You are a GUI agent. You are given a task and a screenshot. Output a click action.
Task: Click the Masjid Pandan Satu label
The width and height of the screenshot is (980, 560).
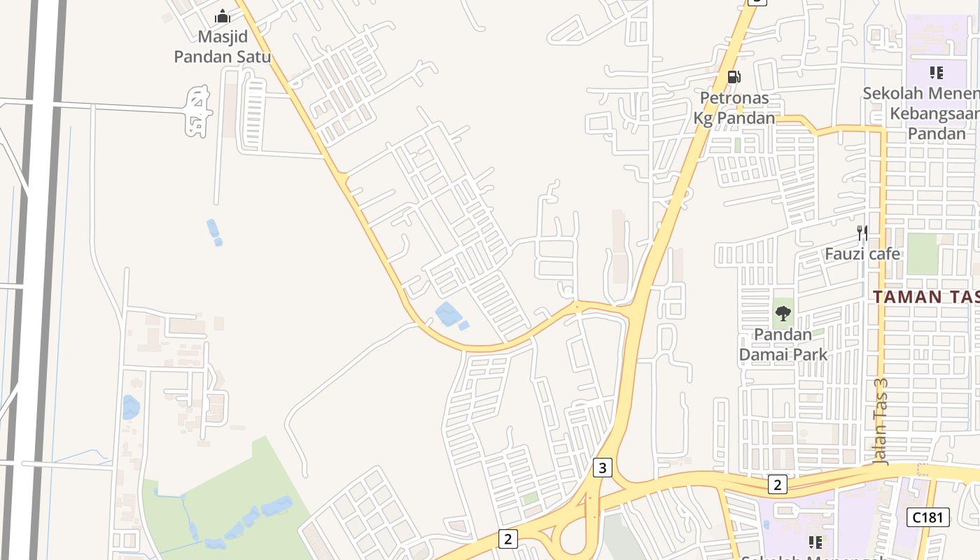pos(222,46)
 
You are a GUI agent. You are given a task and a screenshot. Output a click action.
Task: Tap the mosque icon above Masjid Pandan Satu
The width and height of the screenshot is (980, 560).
pos(223,16)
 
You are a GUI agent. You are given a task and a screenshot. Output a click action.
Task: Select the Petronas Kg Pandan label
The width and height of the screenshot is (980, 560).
pos(734,108)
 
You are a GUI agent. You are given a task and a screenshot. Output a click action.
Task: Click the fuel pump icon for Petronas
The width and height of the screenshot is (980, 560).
pos(734,76)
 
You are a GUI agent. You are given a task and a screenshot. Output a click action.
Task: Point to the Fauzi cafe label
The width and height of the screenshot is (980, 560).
pos(862,253)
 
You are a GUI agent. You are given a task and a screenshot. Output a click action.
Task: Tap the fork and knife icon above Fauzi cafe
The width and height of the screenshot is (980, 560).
pos(862,232)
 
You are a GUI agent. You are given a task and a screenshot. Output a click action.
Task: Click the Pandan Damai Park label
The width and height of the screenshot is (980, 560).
pos(783,344)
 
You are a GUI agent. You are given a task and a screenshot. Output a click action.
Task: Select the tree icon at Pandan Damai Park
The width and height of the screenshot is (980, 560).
pos(783,313)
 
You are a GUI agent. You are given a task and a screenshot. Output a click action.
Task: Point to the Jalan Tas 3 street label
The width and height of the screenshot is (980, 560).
pos(881,421)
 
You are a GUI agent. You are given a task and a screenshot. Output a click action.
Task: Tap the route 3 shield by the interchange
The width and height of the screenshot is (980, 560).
pos(602,467)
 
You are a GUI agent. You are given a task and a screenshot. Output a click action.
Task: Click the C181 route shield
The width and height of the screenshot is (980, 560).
pos(929,517)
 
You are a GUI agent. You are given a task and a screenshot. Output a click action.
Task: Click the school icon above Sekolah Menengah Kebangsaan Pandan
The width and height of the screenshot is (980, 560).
pos(937,72)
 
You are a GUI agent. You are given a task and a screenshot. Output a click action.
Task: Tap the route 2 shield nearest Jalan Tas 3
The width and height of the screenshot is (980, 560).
pos(777,484)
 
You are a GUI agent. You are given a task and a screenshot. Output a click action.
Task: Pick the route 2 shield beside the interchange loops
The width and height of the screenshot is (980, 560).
pos(508,538)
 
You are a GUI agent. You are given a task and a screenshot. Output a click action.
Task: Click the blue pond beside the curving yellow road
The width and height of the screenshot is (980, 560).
pos(448,314)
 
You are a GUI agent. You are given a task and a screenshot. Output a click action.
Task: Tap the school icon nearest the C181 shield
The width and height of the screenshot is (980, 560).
pos(815,542)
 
